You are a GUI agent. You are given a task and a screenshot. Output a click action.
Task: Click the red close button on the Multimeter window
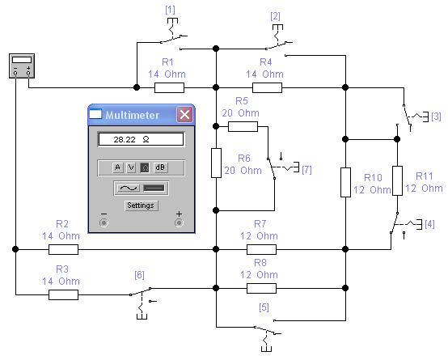click(184, 115)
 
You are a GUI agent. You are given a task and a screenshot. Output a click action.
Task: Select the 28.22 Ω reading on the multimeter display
click(132, 139)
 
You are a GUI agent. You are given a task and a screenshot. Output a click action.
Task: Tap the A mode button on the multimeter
click(117, 167)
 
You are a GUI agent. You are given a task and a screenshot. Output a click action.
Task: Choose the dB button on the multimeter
click(160, 167)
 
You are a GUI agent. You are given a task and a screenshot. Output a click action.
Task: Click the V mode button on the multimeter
click(131, 167)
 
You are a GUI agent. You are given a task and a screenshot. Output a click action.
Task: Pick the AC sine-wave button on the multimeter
click(129, 188)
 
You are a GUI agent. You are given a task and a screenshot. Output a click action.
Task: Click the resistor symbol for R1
click(169, 88)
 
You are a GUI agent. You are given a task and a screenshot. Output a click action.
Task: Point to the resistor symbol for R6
click(216, 163)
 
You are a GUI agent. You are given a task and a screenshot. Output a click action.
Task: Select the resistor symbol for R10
click(346, 183)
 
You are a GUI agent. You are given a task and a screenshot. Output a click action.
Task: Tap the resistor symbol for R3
click(63, 294)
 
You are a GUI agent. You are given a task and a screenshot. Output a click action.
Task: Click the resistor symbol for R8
click(261, 288)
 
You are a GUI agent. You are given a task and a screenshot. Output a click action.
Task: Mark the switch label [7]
click(306, 170)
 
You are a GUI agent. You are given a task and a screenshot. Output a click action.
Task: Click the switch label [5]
click(264, 307)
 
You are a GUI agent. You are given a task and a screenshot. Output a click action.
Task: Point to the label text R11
click(425, 176)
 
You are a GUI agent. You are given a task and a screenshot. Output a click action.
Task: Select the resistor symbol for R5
click(243, 126)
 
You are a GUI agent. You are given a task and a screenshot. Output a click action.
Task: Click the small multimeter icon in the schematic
click(22, 66)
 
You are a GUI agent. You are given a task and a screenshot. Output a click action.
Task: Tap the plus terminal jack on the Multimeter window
click(180, 222)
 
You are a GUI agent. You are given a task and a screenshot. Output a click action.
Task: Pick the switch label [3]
click(436, 116)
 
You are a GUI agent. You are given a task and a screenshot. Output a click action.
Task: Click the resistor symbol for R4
click(267, 88)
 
